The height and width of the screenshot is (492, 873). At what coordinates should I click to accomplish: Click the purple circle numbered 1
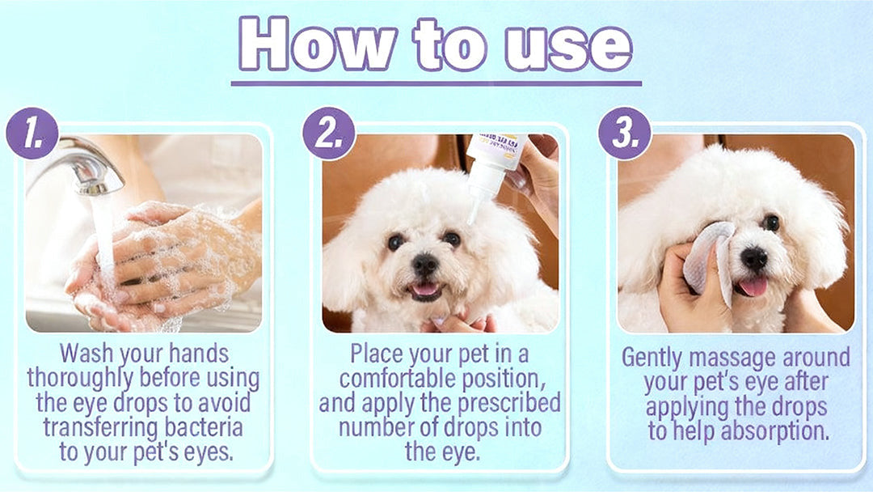point(32,133)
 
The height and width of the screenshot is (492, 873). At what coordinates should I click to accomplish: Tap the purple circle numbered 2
point(329,133)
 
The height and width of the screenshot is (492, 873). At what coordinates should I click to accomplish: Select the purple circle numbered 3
point(625,133)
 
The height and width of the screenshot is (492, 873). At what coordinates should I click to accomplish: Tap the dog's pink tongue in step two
point(424,289)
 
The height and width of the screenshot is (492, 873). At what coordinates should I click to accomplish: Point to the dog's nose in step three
point(754,258)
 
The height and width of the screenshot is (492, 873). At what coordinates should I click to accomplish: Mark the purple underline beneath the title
point(436,83)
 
